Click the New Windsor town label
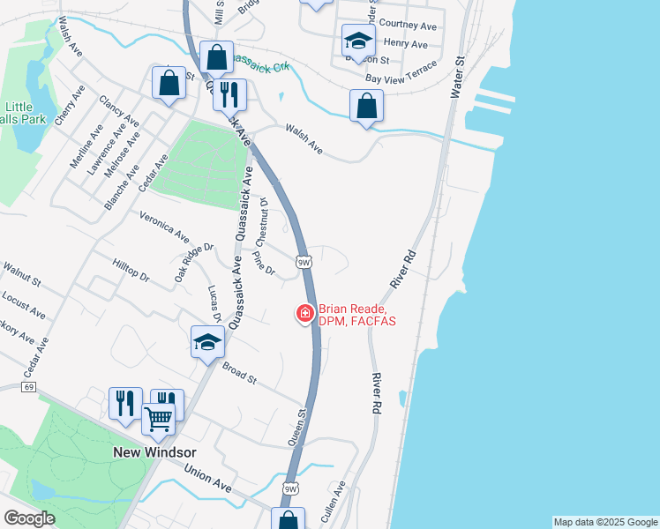(x=154, y=451)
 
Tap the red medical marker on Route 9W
(x=305, y=313)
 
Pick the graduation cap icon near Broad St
(x=207, y=341)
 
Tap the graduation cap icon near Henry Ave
(x=358, y=40)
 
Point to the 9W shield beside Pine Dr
(x=304, y=262)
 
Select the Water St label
(x=457, y=78)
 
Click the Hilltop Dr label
(x=131, y=270)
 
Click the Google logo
(x=29, y=518)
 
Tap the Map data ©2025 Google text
(x=605, y=522)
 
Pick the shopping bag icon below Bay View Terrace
(x=366, y=106)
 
